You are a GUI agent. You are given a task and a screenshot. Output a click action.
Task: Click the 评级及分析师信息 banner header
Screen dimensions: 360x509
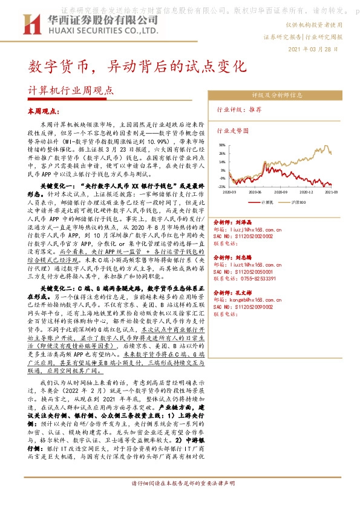coord(277,96)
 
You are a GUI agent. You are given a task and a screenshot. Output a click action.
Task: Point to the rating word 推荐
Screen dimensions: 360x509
coord(255,110)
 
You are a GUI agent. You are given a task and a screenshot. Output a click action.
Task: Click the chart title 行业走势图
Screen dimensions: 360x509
coord(233,130)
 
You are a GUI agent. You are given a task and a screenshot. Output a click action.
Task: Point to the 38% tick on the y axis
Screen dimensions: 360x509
coord(223,145)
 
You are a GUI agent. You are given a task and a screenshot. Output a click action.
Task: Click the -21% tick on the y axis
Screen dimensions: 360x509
coord(222,187)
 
